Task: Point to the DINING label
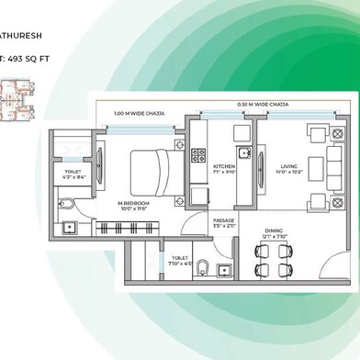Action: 275,231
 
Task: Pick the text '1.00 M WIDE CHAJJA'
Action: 140,113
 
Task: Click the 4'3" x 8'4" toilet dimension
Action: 74,176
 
